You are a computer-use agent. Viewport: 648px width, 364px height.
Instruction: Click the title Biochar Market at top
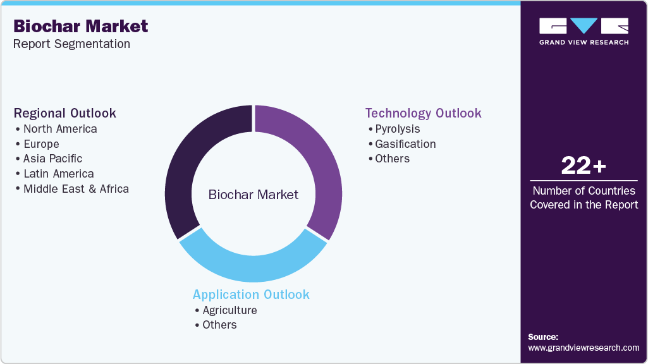click(80, 26)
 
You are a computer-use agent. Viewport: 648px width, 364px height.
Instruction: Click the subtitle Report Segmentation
click(71, 44)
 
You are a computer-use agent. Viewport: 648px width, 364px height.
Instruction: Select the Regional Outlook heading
click(65, 113)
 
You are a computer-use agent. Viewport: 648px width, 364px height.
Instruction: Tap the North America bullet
click(60, 129)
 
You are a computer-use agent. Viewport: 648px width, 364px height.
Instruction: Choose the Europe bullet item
click(41, 144)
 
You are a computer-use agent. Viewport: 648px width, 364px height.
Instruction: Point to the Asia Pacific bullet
click(52, 159)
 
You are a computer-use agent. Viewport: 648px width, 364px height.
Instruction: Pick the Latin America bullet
click(58, 174)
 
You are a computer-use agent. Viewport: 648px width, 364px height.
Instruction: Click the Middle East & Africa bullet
click(76, 189)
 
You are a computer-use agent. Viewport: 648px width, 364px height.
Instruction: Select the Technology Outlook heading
click(423, 113)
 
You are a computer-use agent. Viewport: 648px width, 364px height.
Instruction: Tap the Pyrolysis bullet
click(397, 129)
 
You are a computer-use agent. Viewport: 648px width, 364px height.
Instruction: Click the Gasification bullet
click(405, 144)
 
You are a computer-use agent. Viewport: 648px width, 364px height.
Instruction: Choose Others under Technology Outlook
click(392, 159)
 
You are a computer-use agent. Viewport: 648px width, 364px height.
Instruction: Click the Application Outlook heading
click(251, 294)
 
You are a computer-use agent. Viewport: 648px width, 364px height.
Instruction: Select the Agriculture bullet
click(229, 310)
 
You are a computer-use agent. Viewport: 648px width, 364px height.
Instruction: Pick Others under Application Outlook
click(219, 325)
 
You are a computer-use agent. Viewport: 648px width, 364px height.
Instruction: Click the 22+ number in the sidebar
click(584, 166)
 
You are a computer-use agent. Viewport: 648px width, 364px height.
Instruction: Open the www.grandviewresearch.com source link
click(584, 348)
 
